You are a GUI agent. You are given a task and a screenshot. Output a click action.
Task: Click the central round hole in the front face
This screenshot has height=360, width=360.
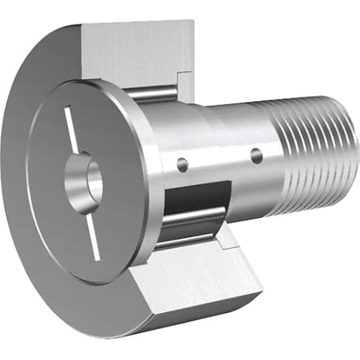point(93,178)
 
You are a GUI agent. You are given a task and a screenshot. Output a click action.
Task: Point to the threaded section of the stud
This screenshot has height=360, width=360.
point(309,155)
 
